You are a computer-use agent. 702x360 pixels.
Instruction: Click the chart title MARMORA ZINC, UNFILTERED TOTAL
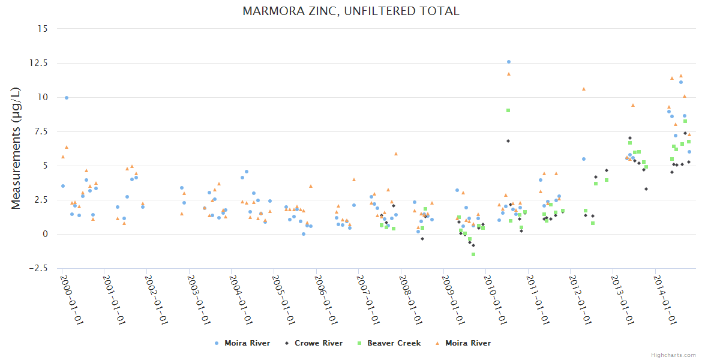click(x=351, y=11)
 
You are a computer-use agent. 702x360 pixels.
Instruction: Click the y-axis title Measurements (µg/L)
click(x=16, y=148)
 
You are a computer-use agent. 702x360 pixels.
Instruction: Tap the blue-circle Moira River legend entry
click(x=247, y=343)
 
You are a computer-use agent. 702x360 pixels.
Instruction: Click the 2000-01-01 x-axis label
click(x=70, y=300)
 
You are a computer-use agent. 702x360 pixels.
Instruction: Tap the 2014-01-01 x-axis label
click(x=664, y=300)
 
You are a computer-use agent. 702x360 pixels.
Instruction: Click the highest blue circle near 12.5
click(x=509, y=62)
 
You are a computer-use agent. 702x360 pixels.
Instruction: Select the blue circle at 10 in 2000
click(x=67, y=98)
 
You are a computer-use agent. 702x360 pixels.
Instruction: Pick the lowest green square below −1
click(x=473, y=254)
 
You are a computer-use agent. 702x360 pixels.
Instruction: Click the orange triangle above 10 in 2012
click(x=584, y=89)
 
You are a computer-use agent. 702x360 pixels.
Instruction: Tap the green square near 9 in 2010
click(x=508, y=110)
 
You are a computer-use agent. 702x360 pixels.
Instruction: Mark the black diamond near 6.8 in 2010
click(x=508, y=141)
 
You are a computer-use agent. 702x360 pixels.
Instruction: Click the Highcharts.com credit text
click(x=674, y=355)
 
